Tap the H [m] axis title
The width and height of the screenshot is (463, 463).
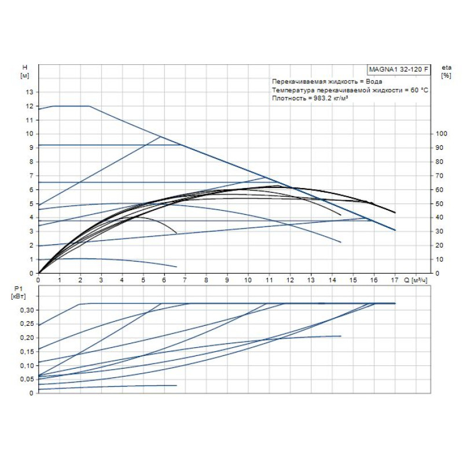24,72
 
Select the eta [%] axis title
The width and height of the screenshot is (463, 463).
446,72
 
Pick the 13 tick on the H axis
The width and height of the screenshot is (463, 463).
30,92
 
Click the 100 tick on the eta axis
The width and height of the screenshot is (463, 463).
442,134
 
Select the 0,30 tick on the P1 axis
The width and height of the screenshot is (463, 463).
27,310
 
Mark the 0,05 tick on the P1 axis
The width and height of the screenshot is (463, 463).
27,379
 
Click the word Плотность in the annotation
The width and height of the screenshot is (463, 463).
286,99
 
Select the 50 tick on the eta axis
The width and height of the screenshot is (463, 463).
440,204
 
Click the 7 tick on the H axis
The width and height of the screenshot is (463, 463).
32,176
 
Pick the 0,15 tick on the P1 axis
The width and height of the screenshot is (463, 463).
27,351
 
